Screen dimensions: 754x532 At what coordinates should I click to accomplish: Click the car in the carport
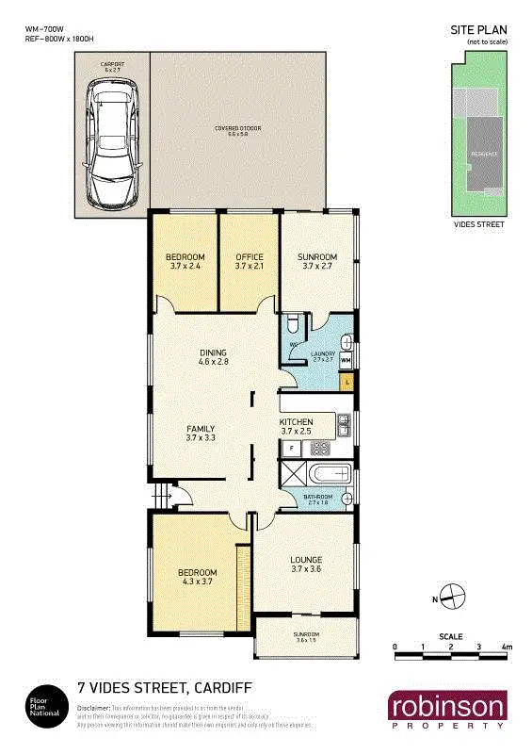pyautogui.click(x=111, y=144)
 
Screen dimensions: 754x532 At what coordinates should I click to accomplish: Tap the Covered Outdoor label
pyautogui.click(x=236, y=130)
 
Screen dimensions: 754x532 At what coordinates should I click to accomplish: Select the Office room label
pyautogui.click(x=249, y=261)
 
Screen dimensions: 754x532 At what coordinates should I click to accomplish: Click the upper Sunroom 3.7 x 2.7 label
pyautogui.click(x=317, y=261)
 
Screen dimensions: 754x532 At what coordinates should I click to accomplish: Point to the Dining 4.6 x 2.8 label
pyautogui.click(x=213, y=356)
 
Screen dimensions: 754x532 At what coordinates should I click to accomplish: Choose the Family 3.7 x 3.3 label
pyautogui.click(x=201, y=433)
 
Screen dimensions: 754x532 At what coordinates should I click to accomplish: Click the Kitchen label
pyautogui.click(x=298, y=426)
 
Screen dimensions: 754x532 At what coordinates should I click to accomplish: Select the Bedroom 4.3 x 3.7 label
pyautogui.click(x=198, y=578)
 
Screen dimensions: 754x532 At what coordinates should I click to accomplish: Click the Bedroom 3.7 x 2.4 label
pyautogui.click(x=185, y=261)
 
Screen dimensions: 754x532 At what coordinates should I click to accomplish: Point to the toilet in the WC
pyautogui.click(x=294, y=325)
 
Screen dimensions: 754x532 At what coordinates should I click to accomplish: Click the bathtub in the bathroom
pyautogui.click(x=328, y=474)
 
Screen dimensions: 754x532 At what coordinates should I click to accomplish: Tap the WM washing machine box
pyautogui.click(x=346, y=360)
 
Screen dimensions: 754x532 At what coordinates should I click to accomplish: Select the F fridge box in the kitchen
pyautogui.click(x=292, y=448)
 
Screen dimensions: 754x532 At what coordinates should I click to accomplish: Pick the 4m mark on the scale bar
pyautogui.click(x=507, y=647)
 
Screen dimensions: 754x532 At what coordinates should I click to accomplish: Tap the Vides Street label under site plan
pyautogui.click(x=479, y=224)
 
